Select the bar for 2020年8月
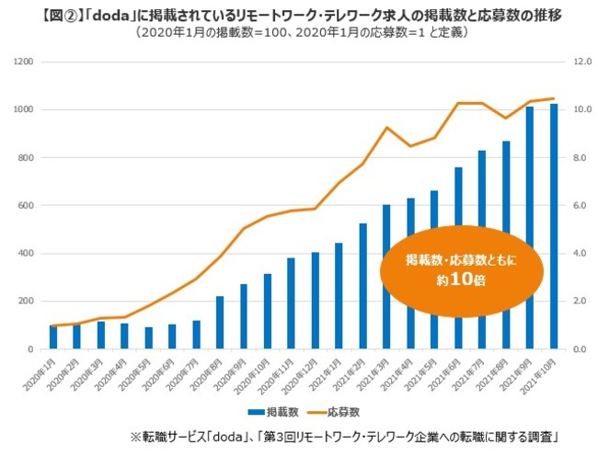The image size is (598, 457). tap(220, 323)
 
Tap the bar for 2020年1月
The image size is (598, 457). tap(53, 337)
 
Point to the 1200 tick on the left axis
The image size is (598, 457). tap(22, 62)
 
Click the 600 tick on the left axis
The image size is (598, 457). tap(25, 206)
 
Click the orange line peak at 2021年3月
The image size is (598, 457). tap(386, 127)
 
